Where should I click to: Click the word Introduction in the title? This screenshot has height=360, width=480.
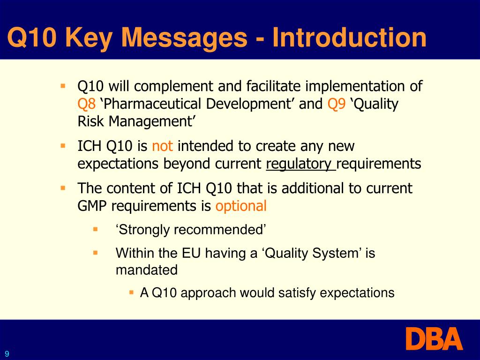(x=350, y=37)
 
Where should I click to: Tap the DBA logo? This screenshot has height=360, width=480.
(x=434, y=339)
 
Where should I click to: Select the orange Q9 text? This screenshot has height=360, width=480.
(x=337, y=104)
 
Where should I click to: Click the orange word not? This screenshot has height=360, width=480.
(x=163, y=146)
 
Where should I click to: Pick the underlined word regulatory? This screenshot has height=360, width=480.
(x=300, y=164)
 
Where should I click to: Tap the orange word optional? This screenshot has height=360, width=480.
(x=241, y=206)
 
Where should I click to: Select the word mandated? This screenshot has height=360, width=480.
(x=147, y=270)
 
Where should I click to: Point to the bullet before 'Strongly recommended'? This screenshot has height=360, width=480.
(x=95, y=229)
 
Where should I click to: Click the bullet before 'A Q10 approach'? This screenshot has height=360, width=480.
(x=132, y=292)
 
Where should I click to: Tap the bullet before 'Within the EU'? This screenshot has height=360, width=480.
(x=95, y=252)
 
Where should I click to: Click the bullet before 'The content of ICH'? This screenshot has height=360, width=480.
(x=62, y=188)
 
